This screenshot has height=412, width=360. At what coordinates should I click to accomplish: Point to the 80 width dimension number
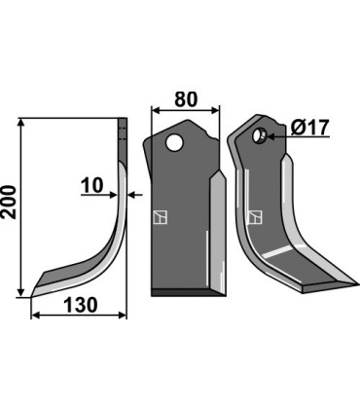[187, 98]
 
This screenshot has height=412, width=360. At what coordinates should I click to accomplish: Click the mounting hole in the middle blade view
[175, 143]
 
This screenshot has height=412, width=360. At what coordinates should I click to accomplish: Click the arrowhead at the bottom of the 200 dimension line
[20, 293]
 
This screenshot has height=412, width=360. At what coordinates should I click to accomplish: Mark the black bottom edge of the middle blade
[185, 293]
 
